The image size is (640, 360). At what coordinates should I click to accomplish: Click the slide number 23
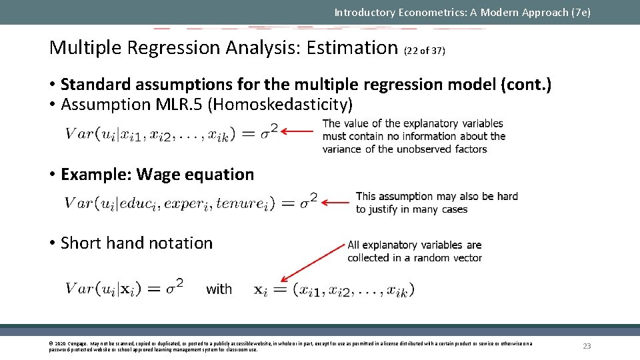587,346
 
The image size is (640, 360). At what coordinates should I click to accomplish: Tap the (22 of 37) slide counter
424,51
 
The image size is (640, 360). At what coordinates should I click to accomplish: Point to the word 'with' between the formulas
219,289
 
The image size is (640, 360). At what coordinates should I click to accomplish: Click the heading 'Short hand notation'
137,243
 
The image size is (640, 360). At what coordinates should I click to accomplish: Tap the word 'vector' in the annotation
466,258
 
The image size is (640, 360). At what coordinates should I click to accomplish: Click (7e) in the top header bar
579,12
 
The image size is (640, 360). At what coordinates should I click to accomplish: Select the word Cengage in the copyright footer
76,343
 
